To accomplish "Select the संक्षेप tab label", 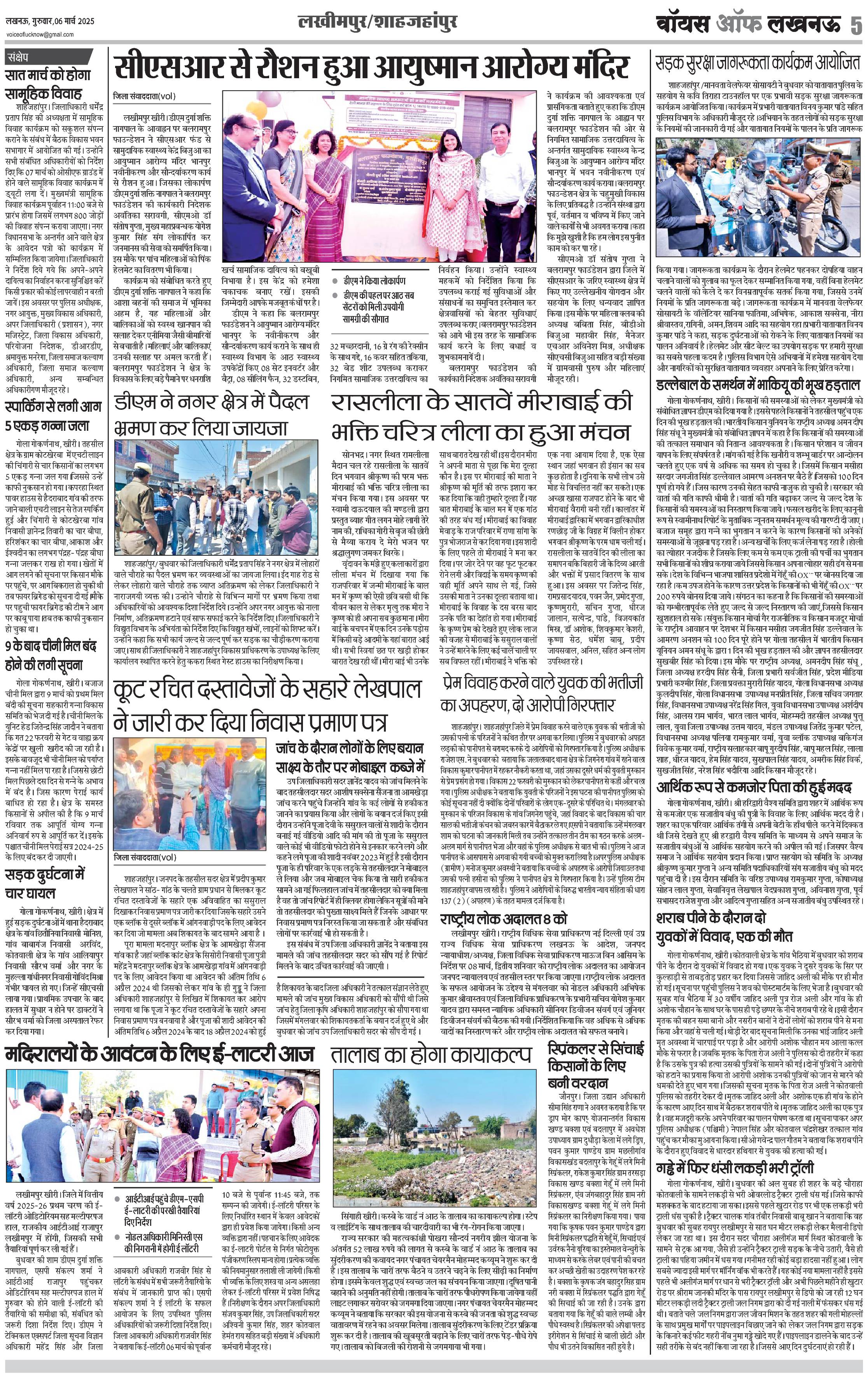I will coord(22,57).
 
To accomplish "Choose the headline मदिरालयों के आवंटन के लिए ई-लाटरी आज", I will coord(160,1053).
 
